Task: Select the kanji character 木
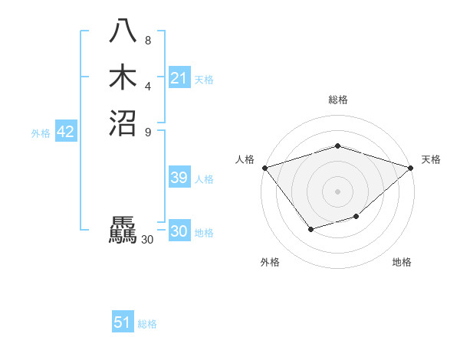[x=123, y=77]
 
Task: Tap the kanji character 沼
[x=123, y=123]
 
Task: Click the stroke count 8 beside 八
[x=148, y=41]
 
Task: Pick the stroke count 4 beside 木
[x=148, y=86]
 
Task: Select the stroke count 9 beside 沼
[x=148, y=131]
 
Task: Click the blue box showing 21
[x=179, y=78]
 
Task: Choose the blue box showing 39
[x=179, y=178]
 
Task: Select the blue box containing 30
[x=179, y=232]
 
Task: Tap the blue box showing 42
[x=65, y=133]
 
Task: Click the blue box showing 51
[x=123, y=322]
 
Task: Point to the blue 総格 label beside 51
[x=147, y=324]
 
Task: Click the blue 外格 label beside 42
[x=41, y=133]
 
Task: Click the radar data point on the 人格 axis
[x=264, y=168]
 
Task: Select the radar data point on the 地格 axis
[x=356, y=218]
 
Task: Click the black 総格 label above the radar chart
[x=338, y=100]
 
